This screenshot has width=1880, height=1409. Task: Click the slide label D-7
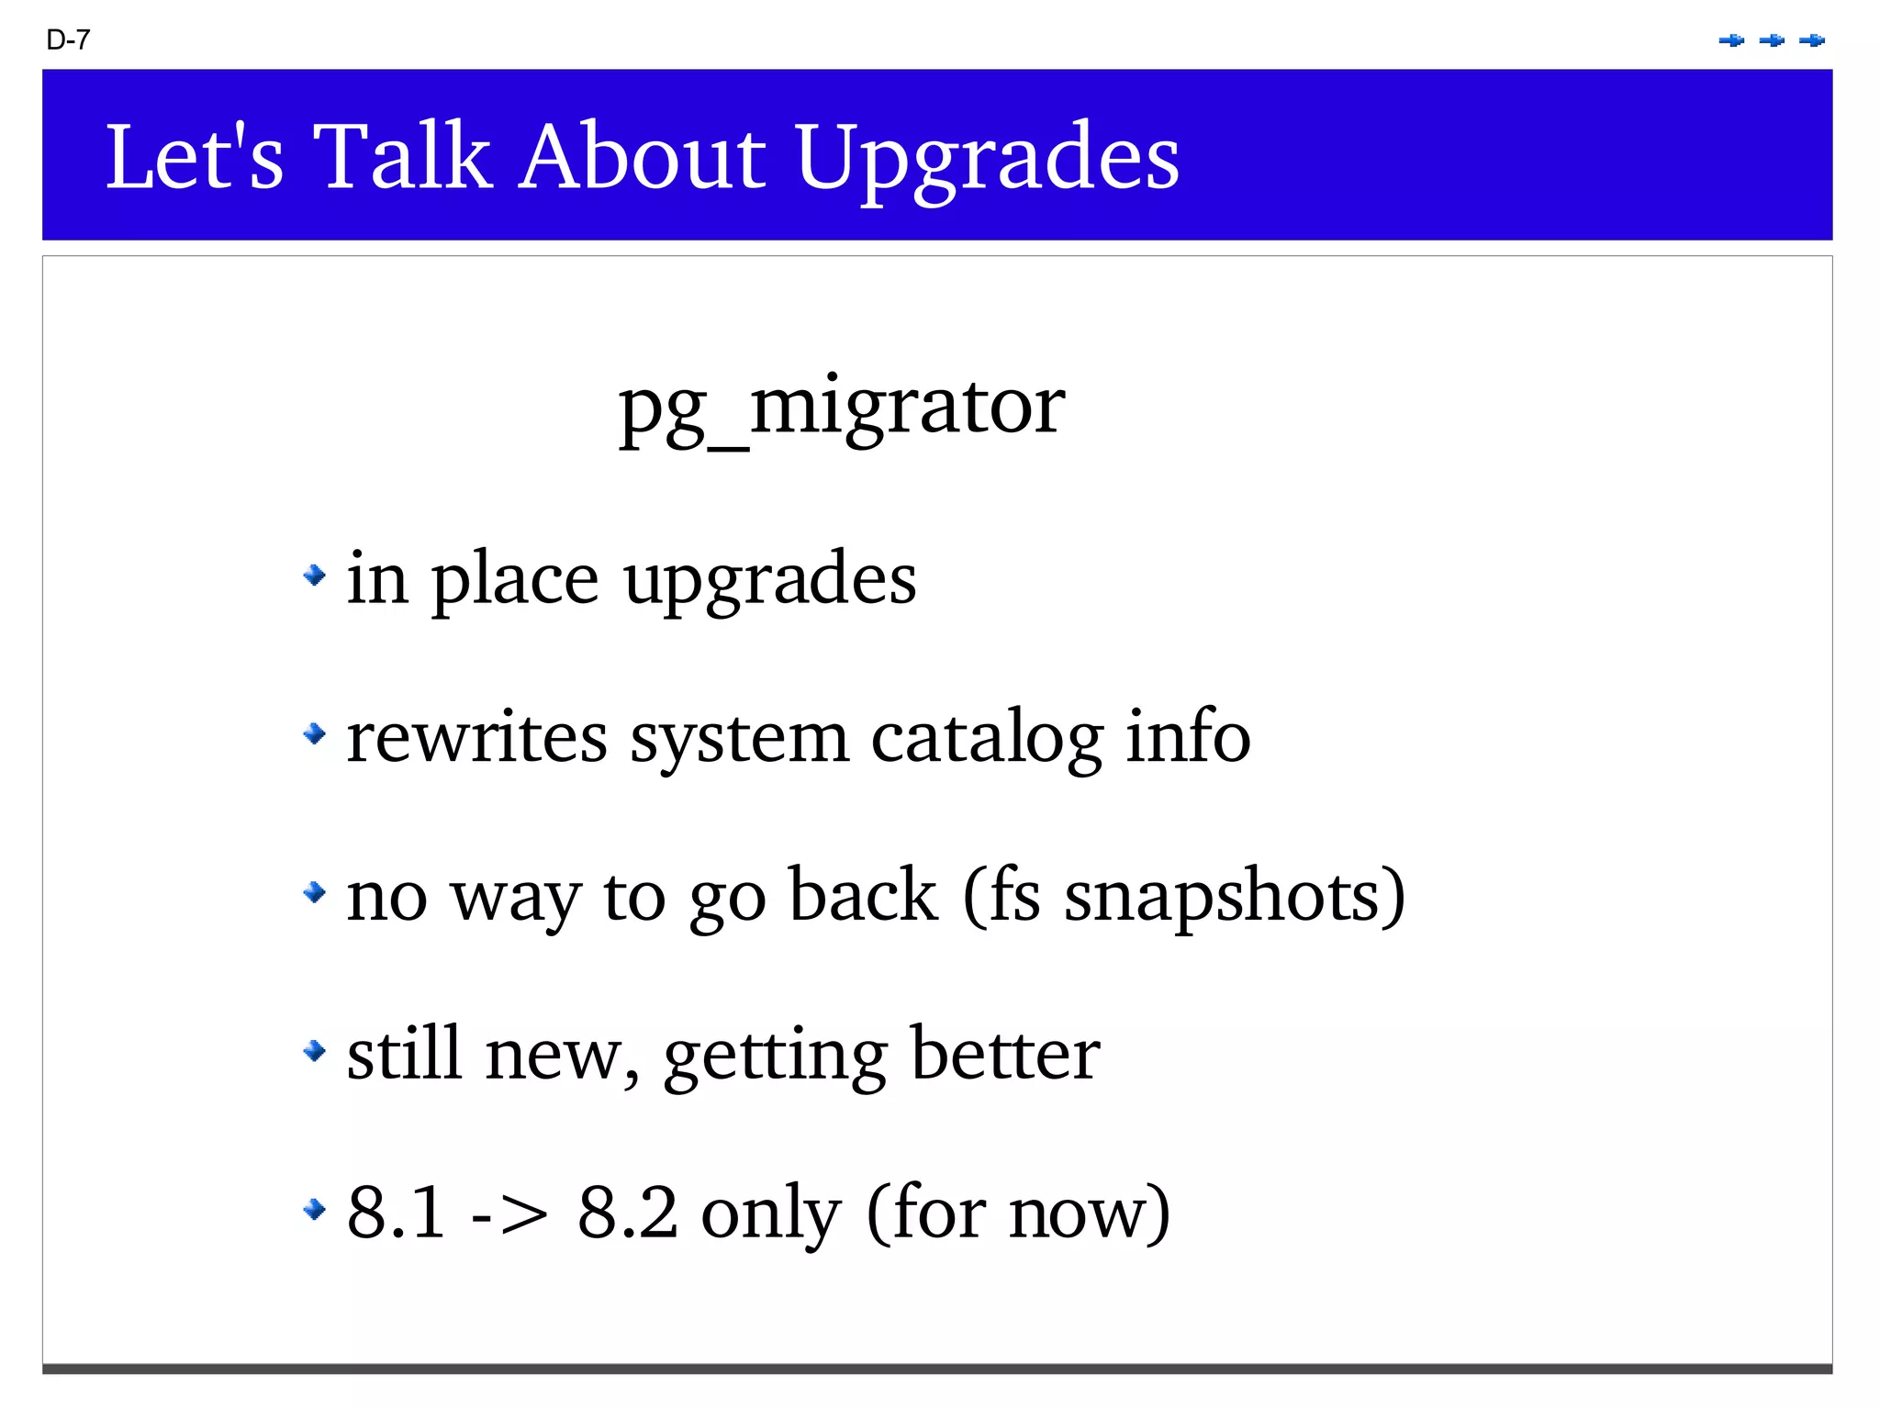tap(68, 39)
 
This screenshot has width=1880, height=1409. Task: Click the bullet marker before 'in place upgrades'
tap(314, 576)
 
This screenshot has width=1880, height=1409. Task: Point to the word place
tap(515, 580)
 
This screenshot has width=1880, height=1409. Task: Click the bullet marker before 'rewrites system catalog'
tap(314, 733)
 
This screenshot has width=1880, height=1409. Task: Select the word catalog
tap(987, 738)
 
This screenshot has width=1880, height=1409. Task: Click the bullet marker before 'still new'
tap(314, 1049)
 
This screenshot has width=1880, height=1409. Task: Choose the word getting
tap(775, 1056)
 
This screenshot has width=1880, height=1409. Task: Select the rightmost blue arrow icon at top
tap(1811, 40)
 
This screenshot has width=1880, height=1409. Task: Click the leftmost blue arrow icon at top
tap(1731, 40)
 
